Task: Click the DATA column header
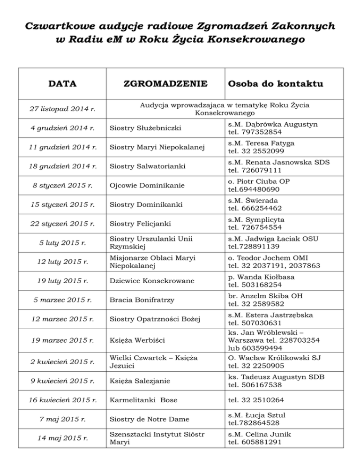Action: point(63,84)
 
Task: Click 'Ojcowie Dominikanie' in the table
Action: point(140,185)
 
